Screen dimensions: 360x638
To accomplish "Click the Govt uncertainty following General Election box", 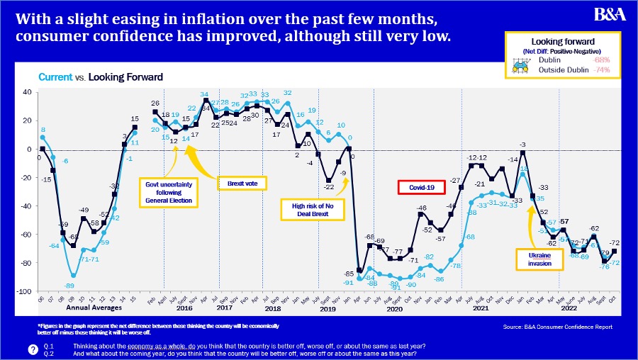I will [169, 191].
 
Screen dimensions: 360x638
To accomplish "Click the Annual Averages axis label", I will [88, 308].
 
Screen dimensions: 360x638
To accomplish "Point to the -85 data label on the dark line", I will [349, 273].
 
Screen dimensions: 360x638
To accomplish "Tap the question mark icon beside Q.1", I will [33, 348].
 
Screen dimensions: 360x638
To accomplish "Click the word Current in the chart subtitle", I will [55, 77].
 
